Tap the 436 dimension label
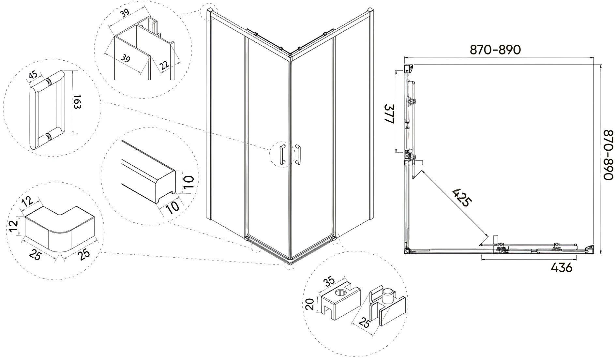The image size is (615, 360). pyautogui.click(x=562, y=267)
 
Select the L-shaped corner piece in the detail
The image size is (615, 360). pyautogui.click(x=60, y=229)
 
